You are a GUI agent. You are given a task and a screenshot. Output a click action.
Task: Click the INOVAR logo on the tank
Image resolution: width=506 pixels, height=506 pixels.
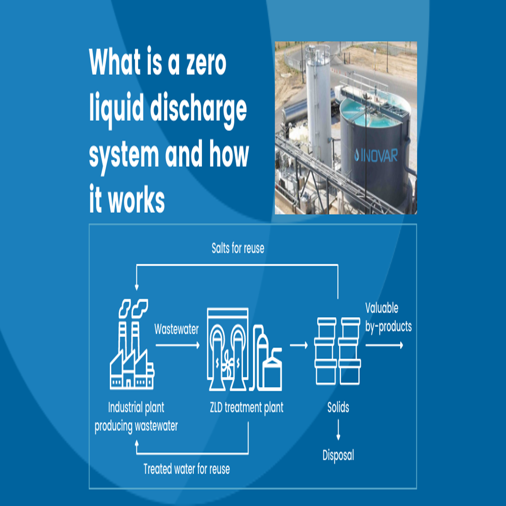pos(375,154)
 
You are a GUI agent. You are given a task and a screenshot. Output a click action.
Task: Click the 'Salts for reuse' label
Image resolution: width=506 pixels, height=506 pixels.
pos(237,248)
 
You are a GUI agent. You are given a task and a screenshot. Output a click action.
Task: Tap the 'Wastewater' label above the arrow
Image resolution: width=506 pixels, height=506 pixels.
pos(176,329)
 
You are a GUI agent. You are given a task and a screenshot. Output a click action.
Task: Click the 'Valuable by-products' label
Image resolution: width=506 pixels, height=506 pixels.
pos(388,317)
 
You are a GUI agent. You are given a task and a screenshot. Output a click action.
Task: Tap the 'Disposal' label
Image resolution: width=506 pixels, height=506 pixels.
pos(338,455)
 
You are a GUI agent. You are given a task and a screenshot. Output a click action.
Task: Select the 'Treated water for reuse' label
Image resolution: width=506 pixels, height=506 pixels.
pos(186,469)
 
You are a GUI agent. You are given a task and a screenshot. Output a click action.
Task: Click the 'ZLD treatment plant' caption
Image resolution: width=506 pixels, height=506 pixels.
pos(246,407)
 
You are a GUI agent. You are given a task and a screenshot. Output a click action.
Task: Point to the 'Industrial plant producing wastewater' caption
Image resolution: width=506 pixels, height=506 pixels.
pos(136,416)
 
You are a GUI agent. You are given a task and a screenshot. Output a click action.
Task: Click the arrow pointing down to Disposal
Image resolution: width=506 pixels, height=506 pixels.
pos(338,431)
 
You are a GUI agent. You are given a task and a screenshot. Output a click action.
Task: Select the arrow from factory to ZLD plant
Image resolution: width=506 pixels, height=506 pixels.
pos(177,346)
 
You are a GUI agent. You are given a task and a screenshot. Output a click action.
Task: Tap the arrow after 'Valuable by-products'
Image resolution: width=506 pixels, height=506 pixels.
pos(385,345)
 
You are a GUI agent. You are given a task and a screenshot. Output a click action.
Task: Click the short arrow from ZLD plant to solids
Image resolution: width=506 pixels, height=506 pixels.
pos(299,346)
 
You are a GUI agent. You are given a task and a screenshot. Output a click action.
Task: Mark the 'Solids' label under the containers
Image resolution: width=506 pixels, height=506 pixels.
pos(338,407)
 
